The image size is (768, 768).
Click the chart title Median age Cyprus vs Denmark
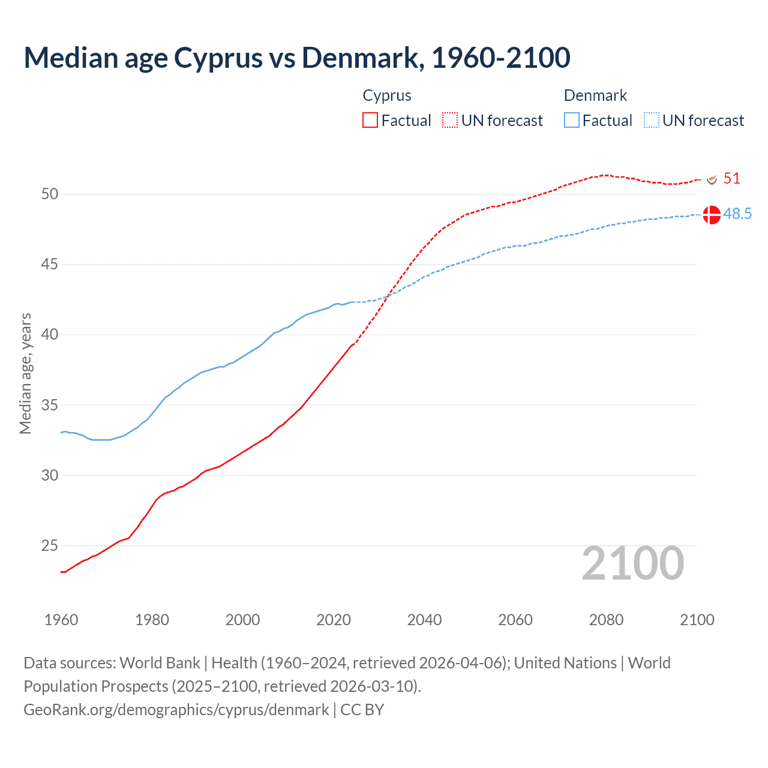tap(296, 58)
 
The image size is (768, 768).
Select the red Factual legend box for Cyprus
tap(370, 120)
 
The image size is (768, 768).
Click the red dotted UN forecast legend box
tap(450, 120)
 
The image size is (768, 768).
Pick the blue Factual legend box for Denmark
tap(572, 120)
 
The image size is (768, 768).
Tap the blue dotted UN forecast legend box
tap(652, 120)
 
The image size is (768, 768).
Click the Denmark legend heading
tap(595, 95)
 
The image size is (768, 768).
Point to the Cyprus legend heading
tap(387, 95)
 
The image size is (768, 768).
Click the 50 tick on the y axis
tap(50, 194)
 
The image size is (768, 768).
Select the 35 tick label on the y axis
tap(50, 405)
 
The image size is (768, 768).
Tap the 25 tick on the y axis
tap(50, 545)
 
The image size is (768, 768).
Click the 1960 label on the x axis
tap(61, 620)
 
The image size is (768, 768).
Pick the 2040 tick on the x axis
tap(424, 620)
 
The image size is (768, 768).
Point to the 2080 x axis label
tap(606, 620)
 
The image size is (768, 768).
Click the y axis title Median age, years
tap(25, 373)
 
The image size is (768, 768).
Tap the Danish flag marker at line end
tap(712, 214)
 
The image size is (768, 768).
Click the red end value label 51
tap(731, 178)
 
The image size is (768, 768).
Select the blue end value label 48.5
tap(737, 214)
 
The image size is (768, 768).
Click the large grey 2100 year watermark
tap(632, 563)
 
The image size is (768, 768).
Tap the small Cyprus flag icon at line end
tap(712, 179)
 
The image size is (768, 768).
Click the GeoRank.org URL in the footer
tap(176, 709)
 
